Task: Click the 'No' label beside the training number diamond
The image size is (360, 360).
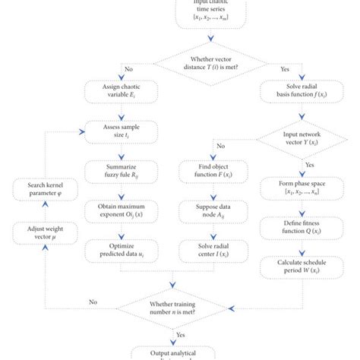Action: [x=93, y=301]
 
